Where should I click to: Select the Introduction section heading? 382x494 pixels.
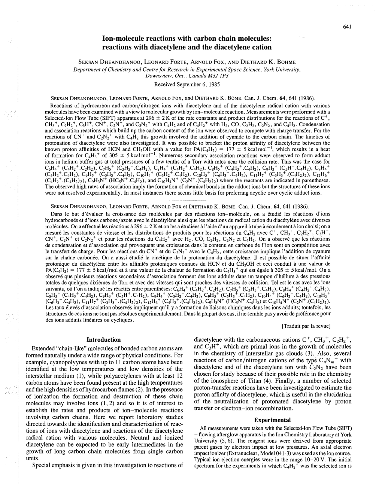(103, 340)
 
